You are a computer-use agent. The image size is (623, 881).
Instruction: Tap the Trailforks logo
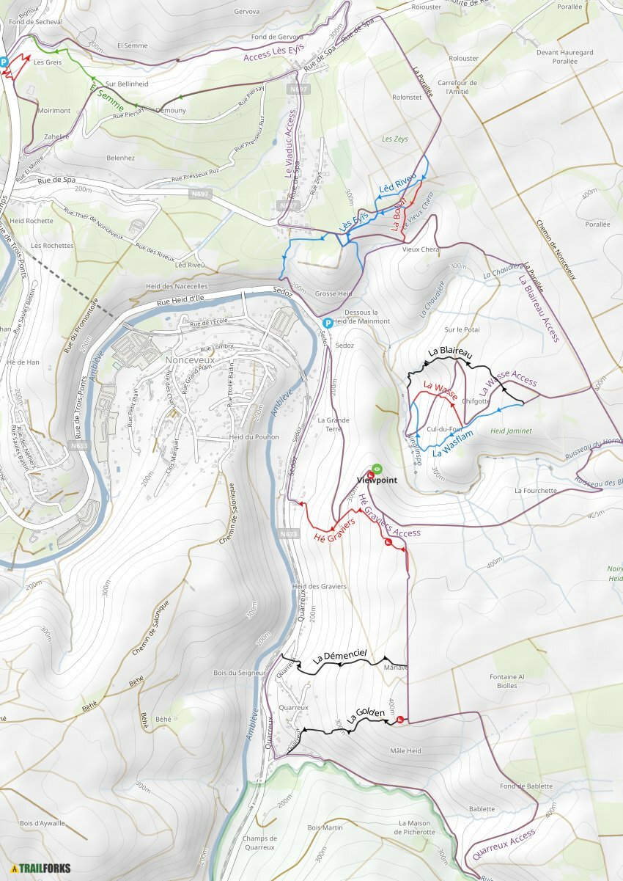41,869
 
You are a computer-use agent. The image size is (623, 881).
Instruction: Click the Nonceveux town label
191,360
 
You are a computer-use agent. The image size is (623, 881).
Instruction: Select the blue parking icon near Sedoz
328,323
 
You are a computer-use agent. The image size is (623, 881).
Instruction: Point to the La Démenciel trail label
340,657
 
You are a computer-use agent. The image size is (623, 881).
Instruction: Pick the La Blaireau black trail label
450,353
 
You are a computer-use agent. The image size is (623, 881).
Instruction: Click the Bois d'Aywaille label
43,822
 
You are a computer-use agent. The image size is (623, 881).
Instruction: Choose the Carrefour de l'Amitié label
461,87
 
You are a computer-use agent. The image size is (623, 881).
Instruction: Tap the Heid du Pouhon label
246,437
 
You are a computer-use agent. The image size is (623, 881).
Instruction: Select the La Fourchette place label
535,490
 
